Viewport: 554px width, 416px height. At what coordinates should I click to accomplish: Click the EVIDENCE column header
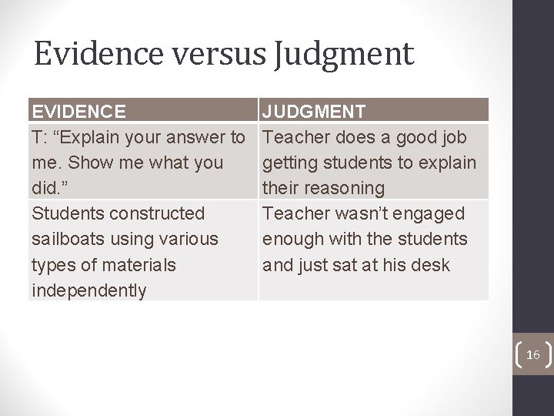pyautogui.click(x=78, y=112)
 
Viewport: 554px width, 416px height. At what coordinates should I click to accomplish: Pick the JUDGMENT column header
pyautogui.click(x=313, y=112)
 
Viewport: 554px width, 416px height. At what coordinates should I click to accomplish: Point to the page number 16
pyautogui.click(x=532, y=354)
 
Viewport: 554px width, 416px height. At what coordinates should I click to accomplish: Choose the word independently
pyautogui.click(x=88, y=290)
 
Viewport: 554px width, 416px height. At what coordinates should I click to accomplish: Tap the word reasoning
pyautogui.click(x=345, y=188)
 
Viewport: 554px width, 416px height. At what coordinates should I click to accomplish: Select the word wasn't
pyautogui.click(x=362, y=213)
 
